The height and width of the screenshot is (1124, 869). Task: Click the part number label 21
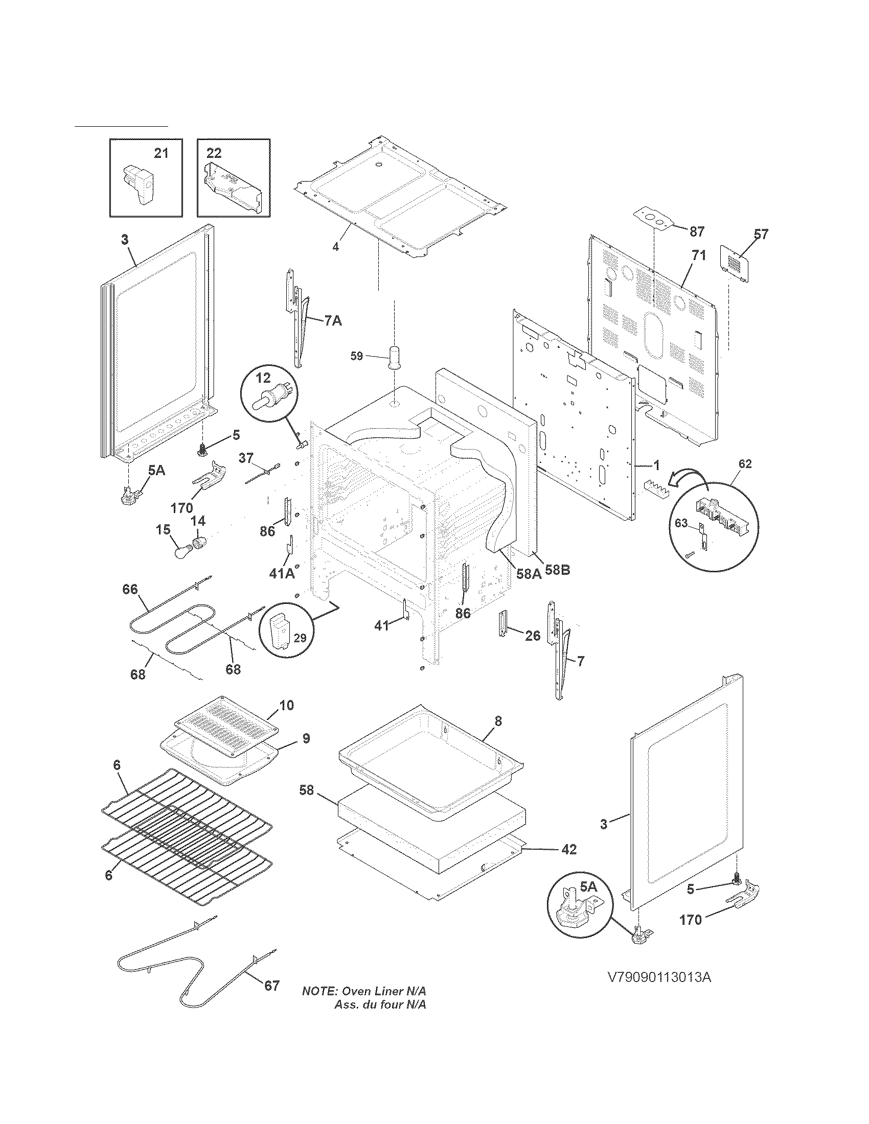(x=161, y=153)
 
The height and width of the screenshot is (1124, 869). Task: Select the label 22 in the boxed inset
(x=214, y=153)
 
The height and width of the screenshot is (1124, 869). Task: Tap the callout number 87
(x=697, y=231)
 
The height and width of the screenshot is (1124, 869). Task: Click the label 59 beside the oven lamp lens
(x=357, y=356)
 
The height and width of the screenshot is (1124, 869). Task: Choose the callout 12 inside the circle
(x=263, y=378)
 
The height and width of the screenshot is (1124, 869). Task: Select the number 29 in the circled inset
(x=300, y=638)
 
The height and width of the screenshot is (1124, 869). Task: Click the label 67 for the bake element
(x=272, y=985)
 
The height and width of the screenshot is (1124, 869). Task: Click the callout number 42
(x=568, y=849)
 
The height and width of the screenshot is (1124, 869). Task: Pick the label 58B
(x=557, y=571)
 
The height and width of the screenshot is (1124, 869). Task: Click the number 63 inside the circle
(x=681, y=523)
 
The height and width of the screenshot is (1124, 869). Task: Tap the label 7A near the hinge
(x=333, y=321)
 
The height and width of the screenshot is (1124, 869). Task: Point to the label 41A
(x=282, y=573)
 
